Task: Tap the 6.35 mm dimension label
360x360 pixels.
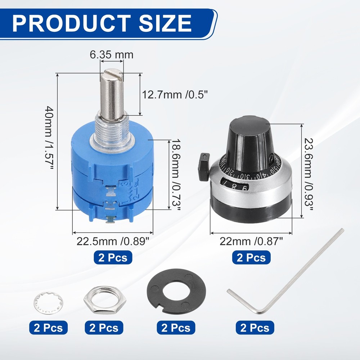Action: [x=111, y=55]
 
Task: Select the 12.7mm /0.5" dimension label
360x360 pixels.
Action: [x=175, y=95]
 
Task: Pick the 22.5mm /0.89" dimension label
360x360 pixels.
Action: [x=113, y=241]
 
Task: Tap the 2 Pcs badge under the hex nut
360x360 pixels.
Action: [x=104, y=328]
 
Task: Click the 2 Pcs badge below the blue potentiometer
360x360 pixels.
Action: [x=113, y=258]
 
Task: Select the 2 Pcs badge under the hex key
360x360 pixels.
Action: [x=255, y=328]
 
